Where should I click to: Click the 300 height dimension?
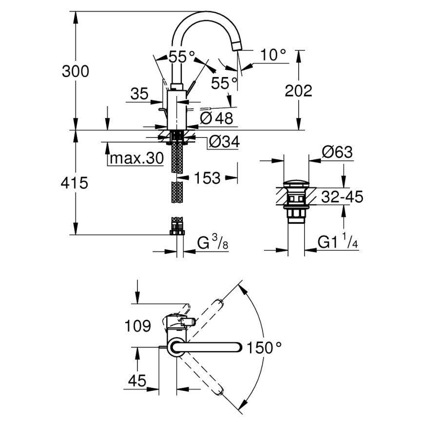click(x=76, y=72)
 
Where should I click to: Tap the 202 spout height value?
click(x=298, y=91)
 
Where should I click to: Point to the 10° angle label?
click(x=272, y=55)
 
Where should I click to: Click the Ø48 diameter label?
click(x=217, y=117)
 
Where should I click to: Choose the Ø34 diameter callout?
click(x=224, y=142)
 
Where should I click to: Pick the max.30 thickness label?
click(x=136, y=158)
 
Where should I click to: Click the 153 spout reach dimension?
click(x=208, y=178)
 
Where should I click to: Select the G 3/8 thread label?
click(x=212, y=242)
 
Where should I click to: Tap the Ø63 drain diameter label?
click(x=337, y=153)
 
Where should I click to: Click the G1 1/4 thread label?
click(x=338, y=242)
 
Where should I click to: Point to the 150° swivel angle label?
click(x=264, y=347)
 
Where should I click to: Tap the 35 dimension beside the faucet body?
click(x=139, y=94)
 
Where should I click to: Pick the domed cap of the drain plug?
click(x=296, y=186)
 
